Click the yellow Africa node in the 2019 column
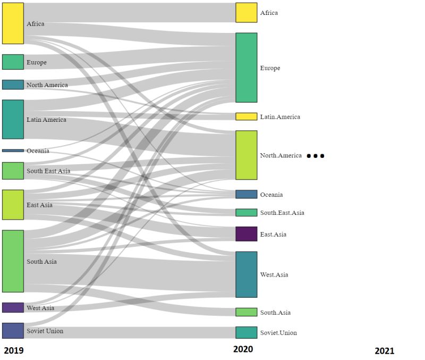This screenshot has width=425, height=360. [x=13, y=23]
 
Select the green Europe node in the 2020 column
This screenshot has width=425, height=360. [x=246, y=68]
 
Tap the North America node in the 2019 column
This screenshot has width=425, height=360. [x=13, y=85]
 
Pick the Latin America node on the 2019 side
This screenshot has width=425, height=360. [x=13, y=119]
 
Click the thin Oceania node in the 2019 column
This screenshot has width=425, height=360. [x=13, y=150]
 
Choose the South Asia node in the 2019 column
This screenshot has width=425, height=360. [x=13, y=261]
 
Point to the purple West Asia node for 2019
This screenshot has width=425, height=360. [x=13, y=307]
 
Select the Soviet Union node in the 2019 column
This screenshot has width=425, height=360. [x=13, y=331]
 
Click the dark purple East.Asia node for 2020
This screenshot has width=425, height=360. [x=246, y=234]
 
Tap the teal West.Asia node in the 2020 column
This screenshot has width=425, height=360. [x=246, y=274]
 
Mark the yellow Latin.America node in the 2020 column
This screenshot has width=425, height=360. [x=246, y=116]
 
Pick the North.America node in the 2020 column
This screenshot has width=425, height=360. [x=246, y=155]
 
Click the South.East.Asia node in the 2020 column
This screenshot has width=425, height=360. [x=246, y=213]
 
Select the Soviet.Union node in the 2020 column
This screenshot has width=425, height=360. [x=246, y=332]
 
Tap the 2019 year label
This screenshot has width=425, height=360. [x=14, y=350]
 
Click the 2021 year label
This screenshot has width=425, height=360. [x=384, y=351]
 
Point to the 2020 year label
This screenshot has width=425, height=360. [x=243, y=349]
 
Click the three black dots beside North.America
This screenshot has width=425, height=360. [x=315, y=156]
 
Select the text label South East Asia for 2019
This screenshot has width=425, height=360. [x=48, y=171]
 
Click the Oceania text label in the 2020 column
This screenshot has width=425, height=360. [x=271, y=195]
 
